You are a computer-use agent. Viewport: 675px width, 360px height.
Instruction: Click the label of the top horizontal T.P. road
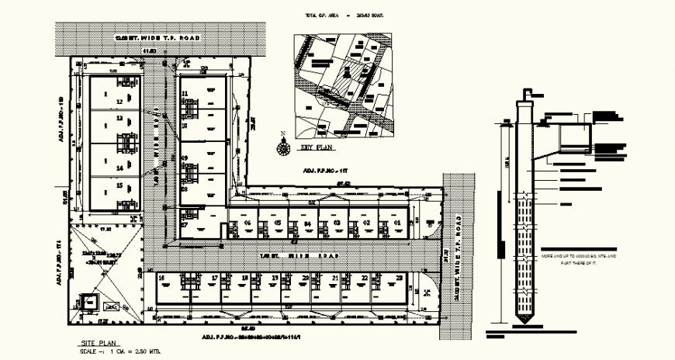pyautogui.click(x=157, y=38)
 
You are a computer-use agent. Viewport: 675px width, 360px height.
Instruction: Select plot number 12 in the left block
pyautogui.click(x=119, y=101)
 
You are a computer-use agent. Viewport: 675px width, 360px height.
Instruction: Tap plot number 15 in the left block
pyautogui.click(x=119, y=185)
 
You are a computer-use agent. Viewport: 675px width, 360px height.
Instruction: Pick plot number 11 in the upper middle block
pyautogui.click(x=185, y=94)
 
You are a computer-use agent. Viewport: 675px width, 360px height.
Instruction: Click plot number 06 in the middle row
pyautogui.click(x=247, y=223)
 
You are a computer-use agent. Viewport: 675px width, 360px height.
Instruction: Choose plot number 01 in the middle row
pyautogui.click(x=397, y=223)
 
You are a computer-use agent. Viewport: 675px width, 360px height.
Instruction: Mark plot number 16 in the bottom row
pyautogui.click(x=161, y=277)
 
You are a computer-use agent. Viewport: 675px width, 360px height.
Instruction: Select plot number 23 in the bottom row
pyautogui.click(x=399, y=277)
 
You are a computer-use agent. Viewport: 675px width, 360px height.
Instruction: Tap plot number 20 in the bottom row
pyautogui.click(x=305, y=277)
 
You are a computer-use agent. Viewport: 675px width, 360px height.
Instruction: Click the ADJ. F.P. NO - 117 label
pyautogui.click(x=323, y=169)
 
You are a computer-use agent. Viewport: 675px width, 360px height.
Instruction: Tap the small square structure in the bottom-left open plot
pyautogui.click(x=93, y=303)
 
